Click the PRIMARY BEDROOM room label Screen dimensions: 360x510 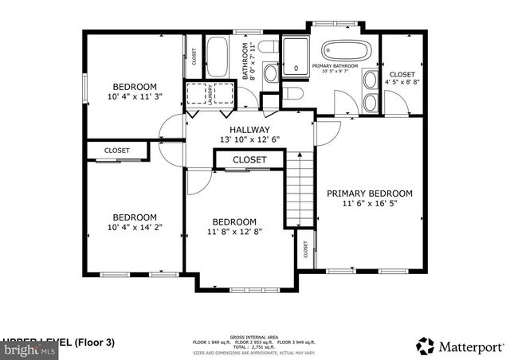click(369, 194)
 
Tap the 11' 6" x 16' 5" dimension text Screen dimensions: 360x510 click(369, 204)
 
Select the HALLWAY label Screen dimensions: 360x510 click(249, 130)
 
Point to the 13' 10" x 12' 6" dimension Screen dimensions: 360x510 click(249, 140)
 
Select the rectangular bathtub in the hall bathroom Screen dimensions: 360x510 click(218, 59)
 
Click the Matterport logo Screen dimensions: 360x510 click(460, 346)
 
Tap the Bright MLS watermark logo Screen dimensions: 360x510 click(28, 348)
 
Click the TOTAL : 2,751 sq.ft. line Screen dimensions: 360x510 click(253, 346)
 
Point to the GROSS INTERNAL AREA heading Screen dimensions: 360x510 click(253, 337)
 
